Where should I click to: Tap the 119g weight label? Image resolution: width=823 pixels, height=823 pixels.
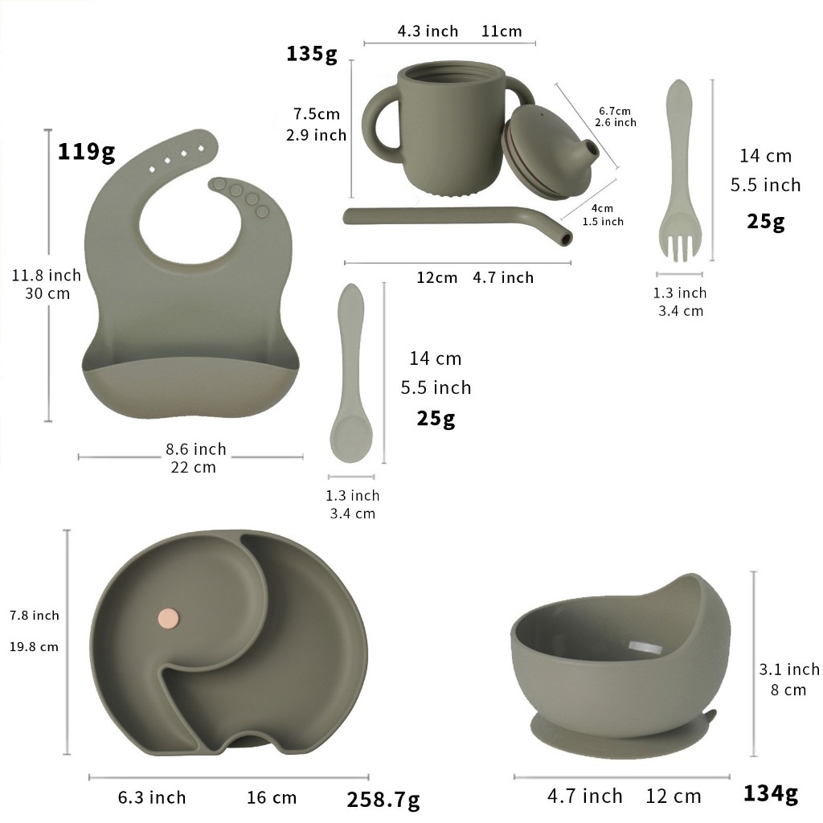(x=86, y=152)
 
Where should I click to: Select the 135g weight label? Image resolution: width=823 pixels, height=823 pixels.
(x=311, y=54)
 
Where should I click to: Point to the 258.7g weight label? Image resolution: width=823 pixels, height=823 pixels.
(x=383, y=800)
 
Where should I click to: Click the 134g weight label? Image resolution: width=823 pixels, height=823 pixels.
(x=771, y=793)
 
